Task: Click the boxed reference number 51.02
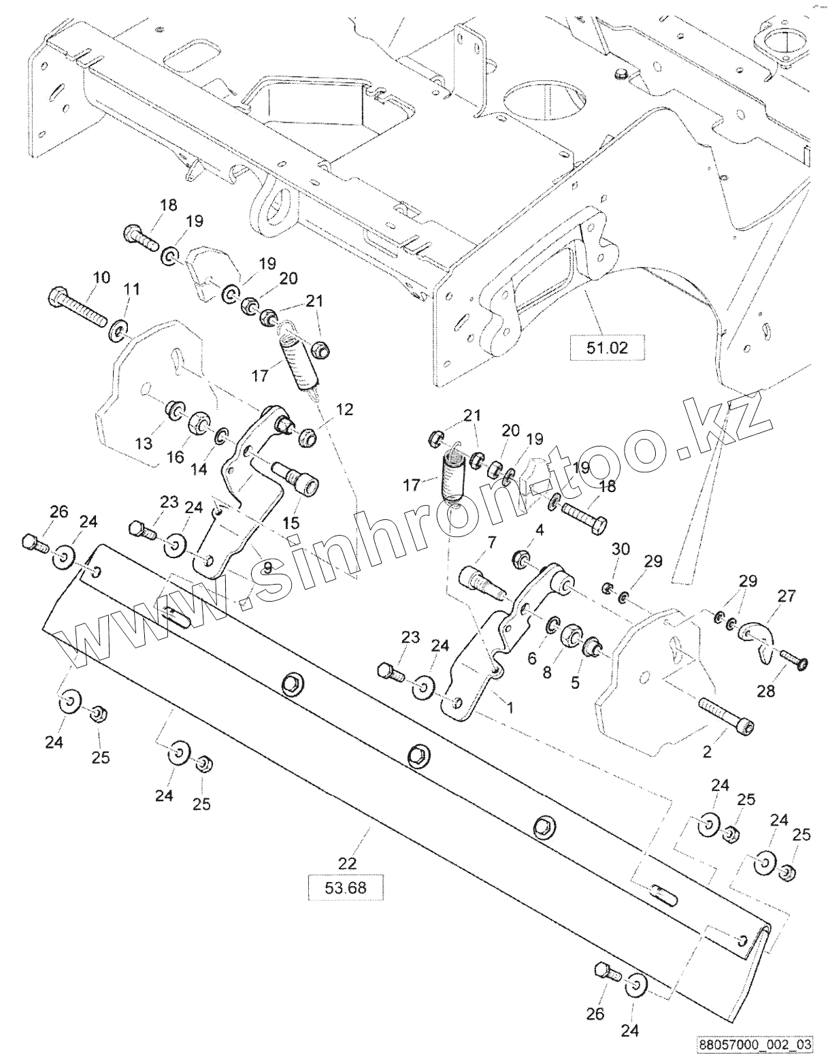coord(608,347)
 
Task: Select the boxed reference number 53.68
coord(346,888)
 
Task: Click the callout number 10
coord(101,277)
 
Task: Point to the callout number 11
coord(131,289)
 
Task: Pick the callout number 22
coord(347,863)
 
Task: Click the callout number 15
coord(291,523)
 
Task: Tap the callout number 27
coord(788,596)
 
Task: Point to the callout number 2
coord(707,752)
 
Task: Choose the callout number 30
coord(620,549)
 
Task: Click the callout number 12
coord(344,410)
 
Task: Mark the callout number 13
coord(144,443)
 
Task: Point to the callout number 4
coord(538,530)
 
